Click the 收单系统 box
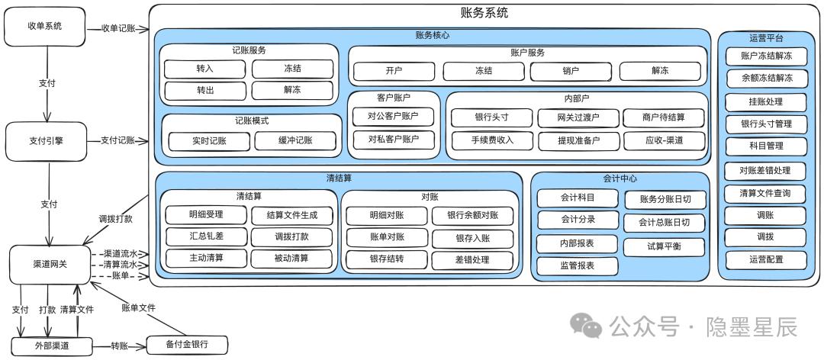click(x=45, y=26)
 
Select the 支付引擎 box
click(x=47, y=141)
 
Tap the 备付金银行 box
click(x=187, y=345)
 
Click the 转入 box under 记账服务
click(x=204, y=69)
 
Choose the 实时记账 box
click(x=208, y=140)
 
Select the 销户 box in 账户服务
click(x=571, y=71)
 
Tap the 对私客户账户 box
click(x=394, y=140)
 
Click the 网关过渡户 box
click(x=578, y=117)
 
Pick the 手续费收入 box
click(x=492, y=140)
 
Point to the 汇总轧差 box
click(x=206, y=236)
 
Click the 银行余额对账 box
click(x=472, y=216)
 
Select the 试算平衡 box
click(x=665, y=246)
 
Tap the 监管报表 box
click(x=577, y=266)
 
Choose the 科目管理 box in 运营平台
click(x=766, y=146)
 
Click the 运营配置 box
click(x=766, y=259)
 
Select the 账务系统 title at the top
click(x=484, y=13)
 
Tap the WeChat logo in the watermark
click(x=587, y=326)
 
